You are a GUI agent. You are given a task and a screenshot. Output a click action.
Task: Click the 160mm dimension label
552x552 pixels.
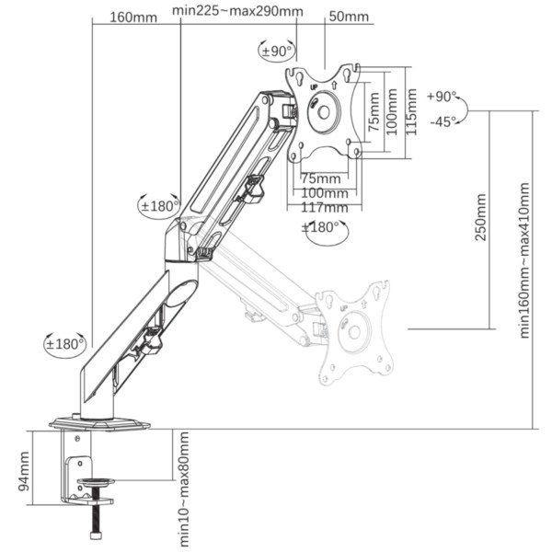tap(133, 17)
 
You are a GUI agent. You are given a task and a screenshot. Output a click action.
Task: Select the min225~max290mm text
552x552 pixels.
tap(237, 11)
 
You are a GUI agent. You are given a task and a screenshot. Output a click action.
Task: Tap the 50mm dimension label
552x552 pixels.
tap(349, 17)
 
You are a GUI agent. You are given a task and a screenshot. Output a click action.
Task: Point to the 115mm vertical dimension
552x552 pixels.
tap(411, 112)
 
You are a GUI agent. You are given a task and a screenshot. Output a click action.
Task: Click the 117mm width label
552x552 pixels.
tap(324, 207)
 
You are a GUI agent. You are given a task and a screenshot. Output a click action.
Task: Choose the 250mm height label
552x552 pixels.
tap(480, 217)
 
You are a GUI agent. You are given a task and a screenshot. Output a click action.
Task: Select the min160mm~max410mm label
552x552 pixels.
tap(524, 260)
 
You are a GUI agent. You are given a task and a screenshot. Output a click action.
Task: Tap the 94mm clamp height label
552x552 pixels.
tap(24, 471)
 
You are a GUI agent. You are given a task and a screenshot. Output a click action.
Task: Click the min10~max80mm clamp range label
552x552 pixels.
tap(184, 489)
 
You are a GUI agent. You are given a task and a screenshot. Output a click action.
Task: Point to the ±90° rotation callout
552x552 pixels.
tap(277, 52)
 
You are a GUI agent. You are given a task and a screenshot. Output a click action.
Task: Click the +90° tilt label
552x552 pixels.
tap(442, 96)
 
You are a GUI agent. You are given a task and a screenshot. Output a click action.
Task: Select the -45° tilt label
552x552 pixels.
tap(443, 121)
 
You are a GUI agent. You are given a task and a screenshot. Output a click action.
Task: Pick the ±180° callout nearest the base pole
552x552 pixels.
tap(65, 343)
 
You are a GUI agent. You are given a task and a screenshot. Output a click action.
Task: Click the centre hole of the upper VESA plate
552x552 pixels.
tap(324, 112)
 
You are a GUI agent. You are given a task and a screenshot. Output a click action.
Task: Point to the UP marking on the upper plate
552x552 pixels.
tap(314, 86)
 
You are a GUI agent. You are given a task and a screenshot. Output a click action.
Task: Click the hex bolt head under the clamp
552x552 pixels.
tap(96, 535)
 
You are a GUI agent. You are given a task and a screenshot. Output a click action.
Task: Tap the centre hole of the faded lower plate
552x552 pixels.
tap(354, 331)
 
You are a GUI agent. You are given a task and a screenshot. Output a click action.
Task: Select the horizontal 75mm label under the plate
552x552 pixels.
tap(321, 178)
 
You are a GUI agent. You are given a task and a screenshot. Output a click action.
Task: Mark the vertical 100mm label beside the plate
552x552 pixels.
tap(392, 111)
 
